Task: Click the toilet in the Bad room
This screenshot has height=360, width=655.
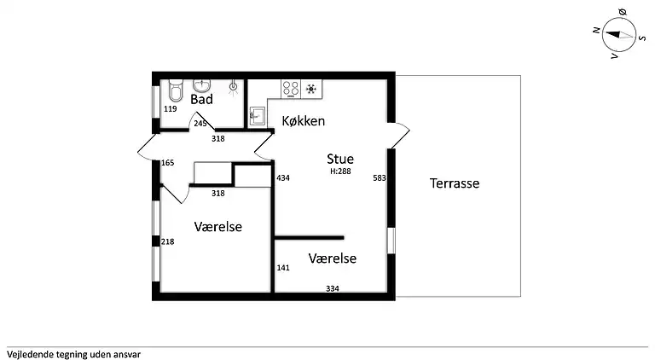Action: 176,90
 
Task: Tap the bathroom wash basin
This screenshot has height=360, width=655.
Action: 203,85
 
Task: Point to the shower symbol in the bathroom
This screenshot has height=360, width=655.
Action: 233,87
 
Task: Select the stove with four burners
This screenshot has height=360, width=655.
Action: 291,89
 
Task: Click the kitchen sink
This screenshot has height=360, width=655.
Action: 257,115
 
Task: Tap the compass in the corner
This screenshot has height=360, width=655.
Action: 619,35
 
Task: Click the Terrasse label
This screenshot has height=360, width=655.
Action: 455,183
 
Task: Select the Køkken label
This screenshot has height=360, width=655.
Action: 304,120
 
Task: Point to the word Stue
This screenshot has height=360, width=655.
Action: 340,159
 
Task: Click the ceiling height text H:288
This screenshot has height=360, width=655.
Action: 340,171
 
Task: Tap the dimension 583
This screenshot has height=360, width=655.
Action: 380,178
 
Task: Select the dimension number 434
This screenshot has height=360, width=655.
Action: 283,178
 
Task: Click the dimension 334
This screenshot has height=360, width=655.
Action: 333,288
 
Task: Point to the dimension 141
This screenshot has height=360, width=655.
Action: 283,268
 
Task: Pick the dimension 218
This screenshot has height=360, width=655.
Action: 167,241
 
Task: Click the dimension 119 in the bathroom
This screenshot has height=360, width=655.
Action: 170,109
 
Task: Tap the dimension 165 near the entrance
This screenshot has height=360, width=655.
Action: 167,163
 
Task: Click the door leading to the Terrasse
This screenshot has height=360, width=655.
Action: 399,136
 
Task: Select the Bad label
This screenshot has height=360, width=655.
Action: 202,100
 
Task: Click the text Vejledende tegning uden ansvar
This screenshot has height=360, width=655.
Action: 73,355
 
